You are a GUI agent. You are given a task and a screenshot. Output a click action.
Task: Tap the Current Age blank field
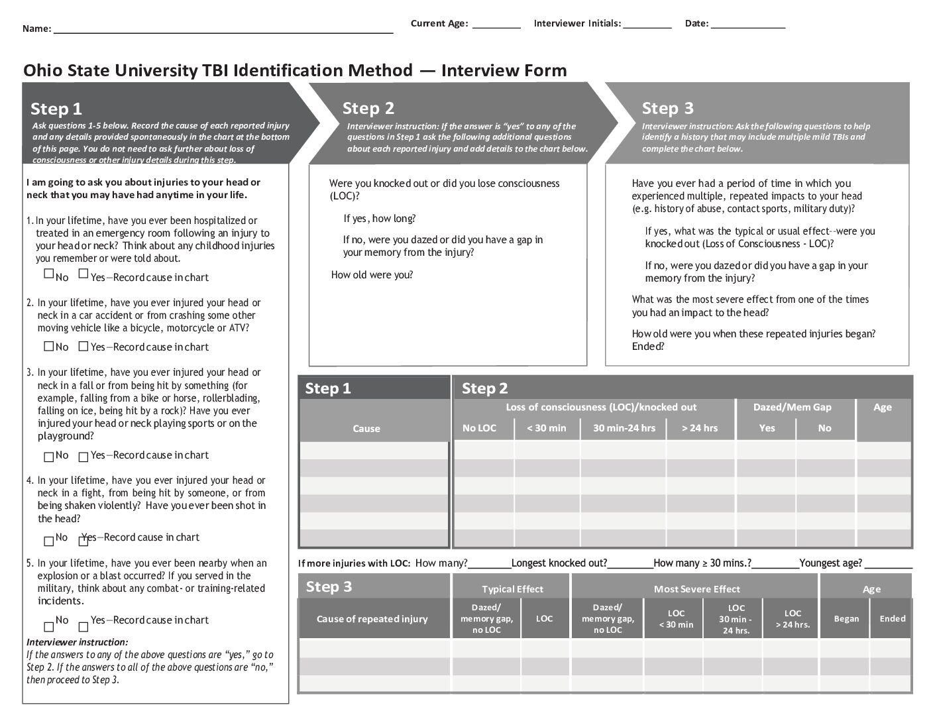(496, 25)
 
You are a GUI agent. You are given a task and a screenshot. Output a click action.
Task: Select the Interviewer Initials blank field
(647, 25)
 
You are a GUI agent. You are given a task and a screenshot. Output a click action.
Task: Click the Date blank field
(748, 25)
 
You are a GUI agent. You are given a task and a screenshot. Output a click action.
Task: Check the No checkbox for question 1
(49, 274)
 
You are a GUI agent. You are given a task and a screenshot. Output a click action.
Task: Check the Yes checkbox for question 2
(83, 346)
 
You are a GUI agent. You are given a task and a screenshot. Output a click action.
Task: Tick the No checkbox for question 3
(49, 457)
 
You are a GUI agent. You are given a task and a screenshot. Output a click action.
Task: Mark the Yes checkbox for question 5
(83, 626)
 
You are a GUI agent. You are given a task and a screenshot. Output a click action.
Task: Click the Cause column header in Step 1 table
(366, 429)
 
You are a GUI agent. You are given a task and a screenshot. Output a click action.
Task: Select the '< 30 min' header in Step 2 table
(547, 428)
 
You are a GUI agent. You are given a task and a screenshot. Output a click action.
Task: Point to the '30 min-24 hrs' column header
(624, 428)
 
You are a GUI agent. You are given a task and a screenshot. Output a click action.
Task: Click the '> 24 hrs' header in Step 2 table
(700, 428)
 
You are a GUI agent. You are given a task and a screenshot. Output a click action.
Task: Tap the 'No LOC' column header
(479, 428)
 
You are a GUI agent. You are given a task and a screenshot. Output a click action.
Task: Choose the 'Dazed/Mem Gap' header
(792, 407)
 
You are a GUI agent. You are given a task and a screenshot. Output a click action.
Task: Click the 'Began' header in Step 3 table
(846, 618)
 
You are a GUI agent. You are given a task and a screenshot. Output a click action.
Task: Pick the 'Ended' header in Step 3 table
(892, 618)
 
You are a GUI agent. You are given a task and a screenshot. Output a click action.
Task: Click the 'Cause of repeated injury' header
(372, 619)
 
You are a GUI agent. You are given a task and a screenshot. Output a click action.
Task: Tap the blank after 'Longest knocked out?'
(630, 565)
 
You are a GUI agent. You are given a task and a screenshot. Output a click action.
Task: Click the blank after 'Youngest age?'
(888, 565)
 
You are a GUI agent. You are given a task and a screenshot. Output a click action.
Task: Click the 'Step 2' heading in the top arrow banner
(368, 108)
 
